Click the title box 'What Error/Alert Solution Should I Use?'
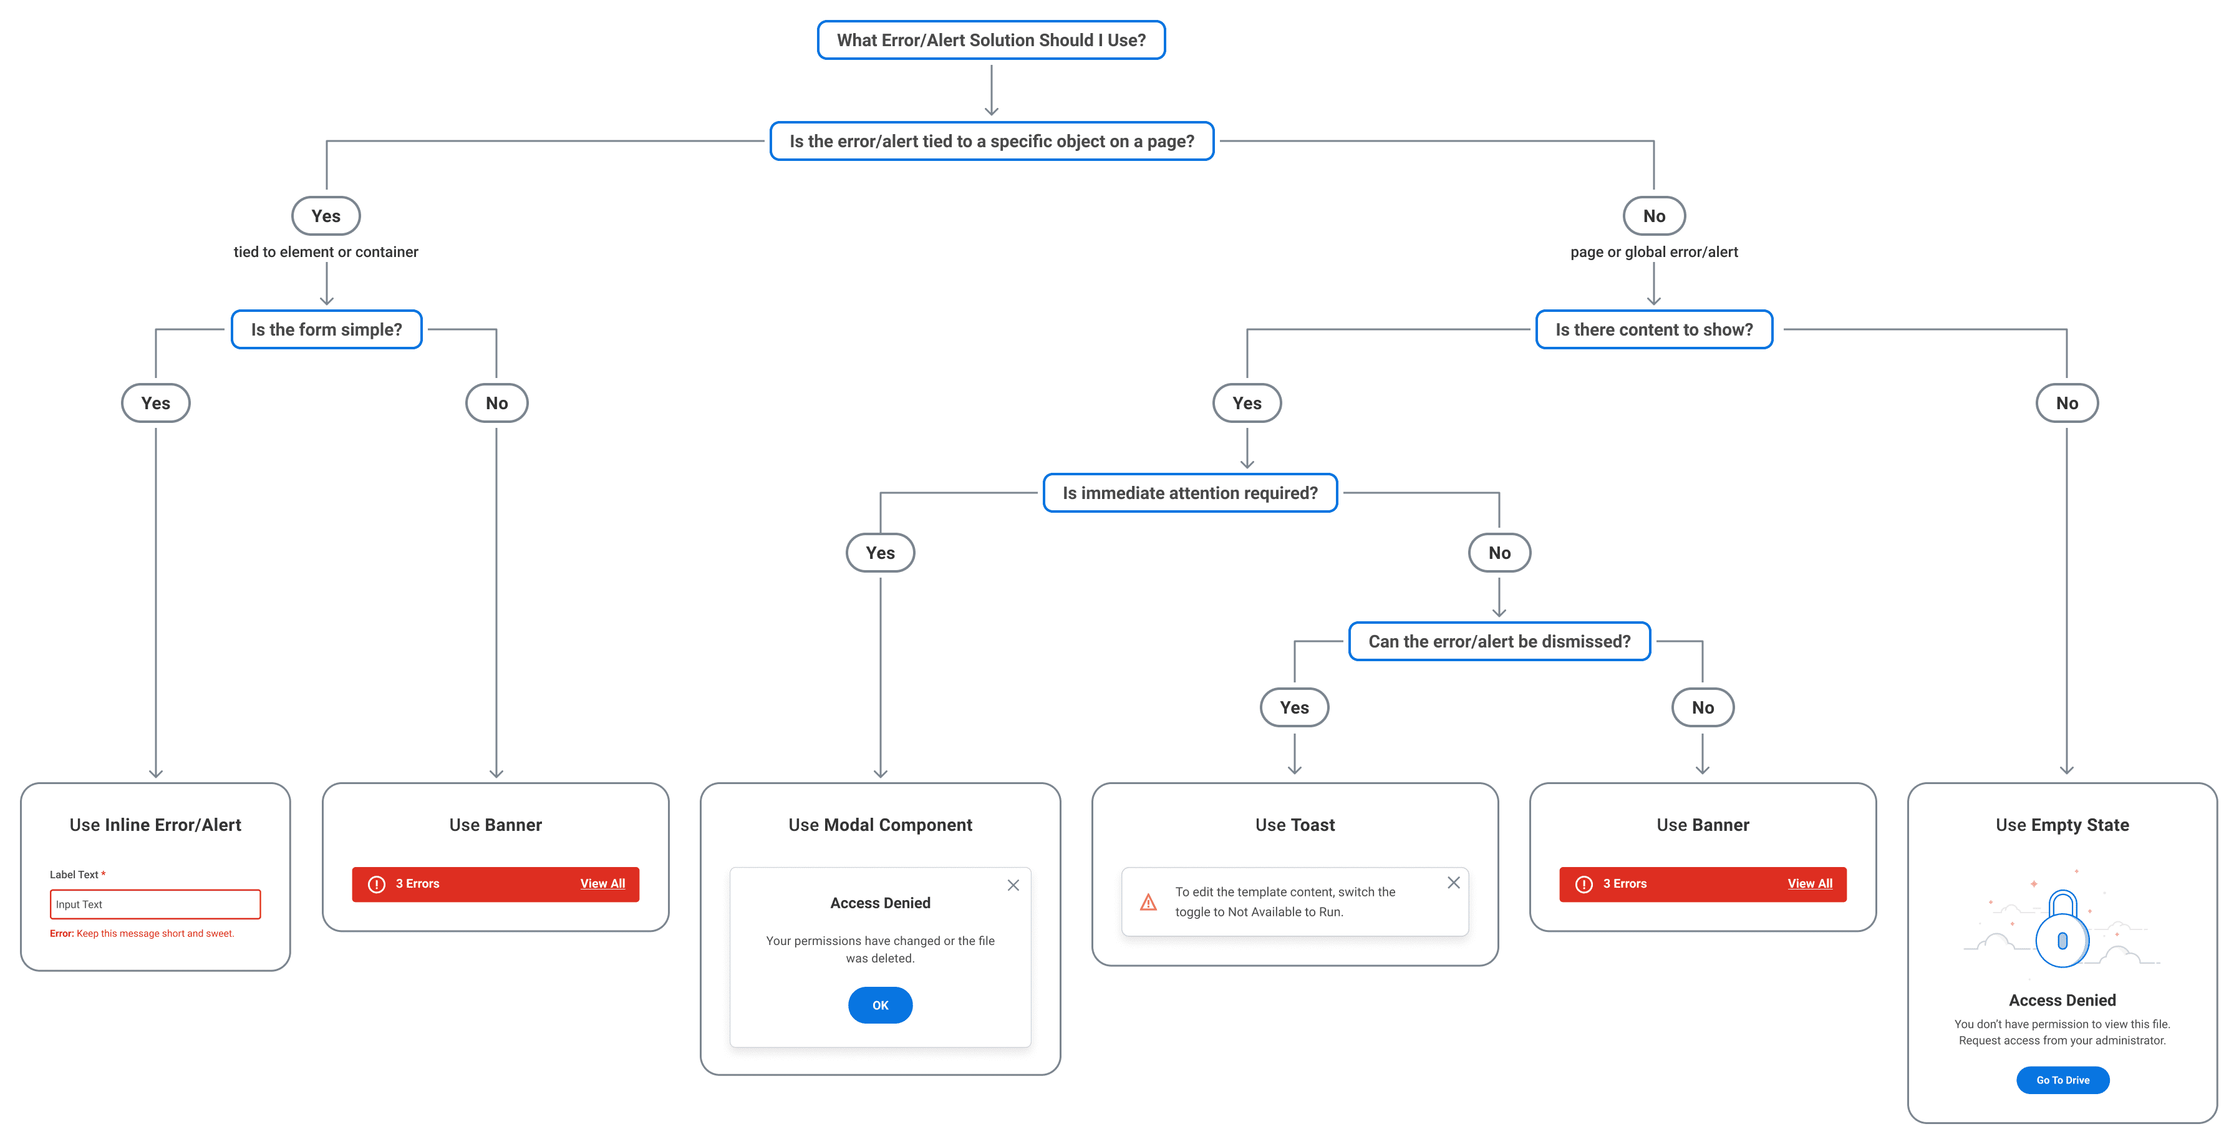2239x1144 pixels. tap(991, 40)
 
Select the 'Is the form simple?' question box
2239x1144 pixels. tap(326, 329)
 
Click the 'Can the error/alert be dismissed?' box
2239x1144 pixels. tap(1499, 641)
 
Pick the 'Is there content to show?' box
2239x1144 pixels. tap(1653, 329)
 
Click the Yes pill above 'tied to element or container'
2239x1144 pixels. tap(326, 216)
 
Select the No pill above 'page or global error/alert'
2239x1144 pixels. tap(1653, 216)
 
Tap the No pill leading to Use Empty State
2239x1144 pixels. tap(2066, 402)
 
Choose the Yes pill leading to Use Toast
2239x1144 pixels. tap(1294, 707)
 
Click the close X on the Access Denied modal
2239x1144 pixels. tap(1013, 885)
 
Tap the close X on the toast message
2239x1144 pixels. tap(1453, 883)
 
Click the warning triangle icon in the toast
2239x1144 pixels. tap(1148, 903)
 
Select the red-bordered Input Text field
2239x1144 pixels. tap(155, 904)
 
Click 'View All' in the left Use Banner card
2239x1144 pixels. tap(602, 883)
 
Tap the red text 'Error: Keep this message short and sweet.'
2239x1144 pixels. tap(142, 934)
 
